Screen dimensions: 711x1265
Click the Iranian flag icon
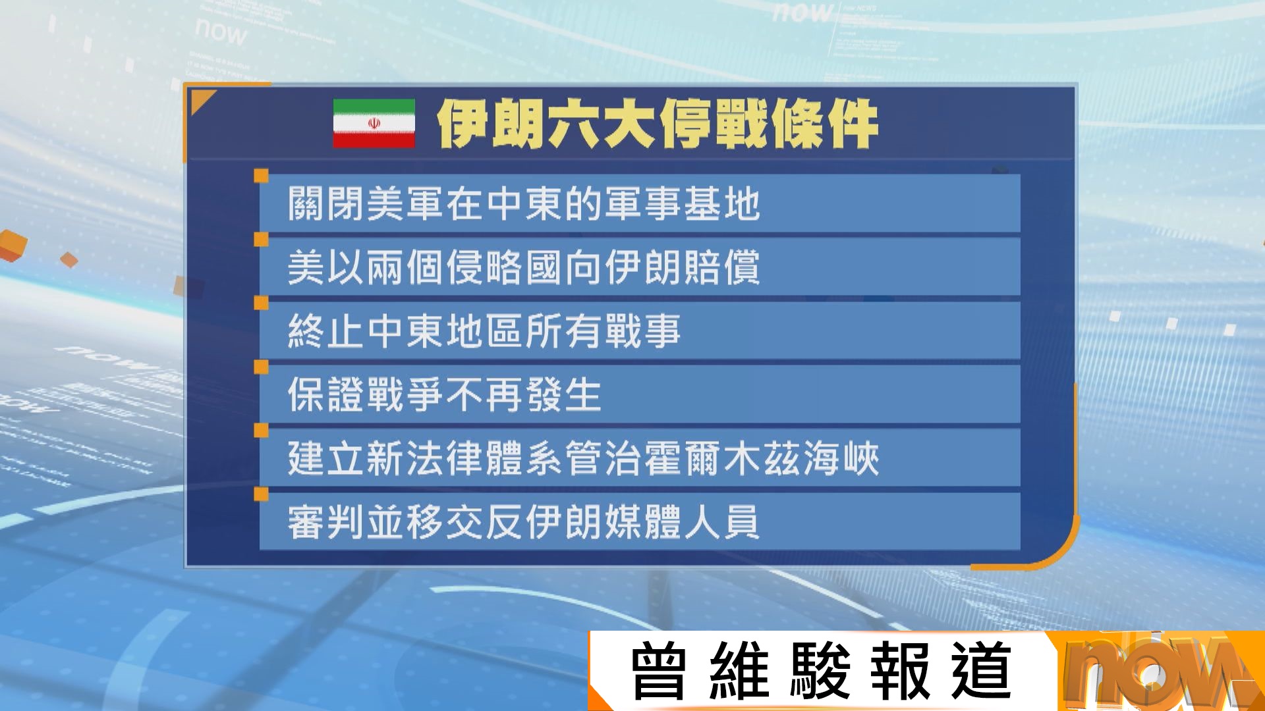(x=374, y=123)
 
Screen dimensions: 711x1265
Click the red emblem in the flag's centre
(x=374, y=123)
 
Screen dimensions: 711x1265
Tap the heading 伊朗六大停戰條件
(x=657, y=124)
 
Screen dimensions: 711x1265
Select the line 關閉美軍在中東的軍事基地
(x=524, y=203)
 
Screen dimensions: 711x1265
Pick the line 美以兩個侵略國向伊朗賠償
(x=524, y=267)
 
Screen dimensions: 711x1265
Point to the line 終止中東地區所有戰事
(x=484, y=330)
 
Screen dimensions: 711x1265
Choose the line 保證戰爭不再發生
(x=445, y=394)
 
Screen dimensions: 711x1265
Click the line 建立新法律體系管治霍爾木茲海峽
(x=583, y=458)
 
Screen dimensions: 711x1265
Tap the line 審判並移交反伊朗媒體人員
(x=524, y=522)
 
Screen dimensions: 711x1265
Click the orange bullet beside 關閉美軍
(x=262, y=176)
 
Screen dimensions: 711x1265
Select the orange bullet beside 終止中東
(x=262, y=303)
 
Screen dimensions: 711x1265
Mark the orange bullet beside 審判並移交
(x=262, y=494)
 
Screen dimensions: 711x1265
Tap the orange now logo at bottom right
(x=1156, y=671)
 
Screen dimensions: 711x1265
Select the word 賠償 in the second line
(x=722, y=267)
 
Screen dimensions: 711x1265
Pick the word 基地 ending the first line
(x=722, y=203)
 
